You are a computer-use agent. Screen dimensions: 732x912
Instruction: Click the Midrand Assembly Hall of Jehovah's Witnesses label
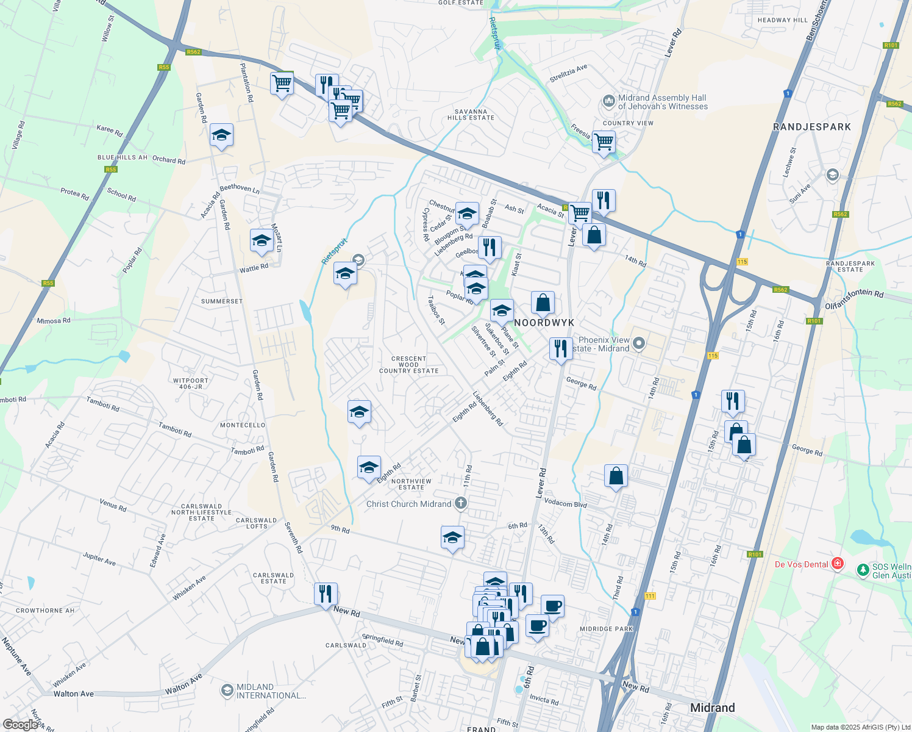tap(663, 102)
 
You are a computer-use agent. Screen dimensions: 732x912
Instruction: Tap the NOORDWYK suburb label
tap(544, 323)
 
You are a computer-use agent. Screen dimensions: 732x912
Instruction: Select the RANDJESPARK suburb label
tap(811, 127)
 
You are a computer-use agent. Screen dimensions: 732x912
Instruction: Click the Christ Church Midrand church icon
tap(461, 504)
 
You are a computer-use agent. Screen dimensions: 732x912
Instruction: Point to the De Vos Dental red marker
tap(838, 564)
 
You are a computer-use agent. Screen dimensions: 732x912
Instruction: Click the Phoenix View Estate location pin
tap(638, 343)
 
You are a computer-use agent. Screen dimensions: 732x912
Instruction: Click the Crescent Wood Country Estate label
tap(408, 365)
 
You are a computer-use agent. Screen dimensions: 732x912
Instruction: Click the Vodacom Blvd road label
tap(565, 503)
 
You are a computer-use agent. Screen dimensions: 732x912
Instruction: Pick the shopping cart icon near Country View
tap(604, 142)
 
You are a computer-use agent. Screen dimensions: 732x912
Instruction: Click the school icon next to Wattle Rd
tap(262, 241)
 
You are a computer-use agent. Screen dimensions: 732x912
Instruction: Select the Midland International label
tap(271, 691)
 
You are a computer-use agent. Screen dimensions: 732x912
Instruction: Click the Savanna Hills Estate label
tap(471, 115)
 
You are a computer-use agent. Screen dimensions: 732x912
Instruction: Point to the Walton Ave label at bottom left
tap(74, 694)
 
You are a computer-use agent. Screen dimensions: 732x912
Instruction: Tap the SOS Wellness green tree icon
tap(863, 570)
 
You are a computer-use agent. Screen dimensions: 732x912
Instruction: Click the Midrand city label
tap(712, 708)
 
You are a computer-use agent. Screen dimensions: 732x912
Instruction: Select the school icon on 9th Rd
tap(452, 538)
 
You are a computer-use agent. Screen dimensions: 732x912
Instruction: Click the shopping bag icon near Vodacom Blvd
tap(616, 476)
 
